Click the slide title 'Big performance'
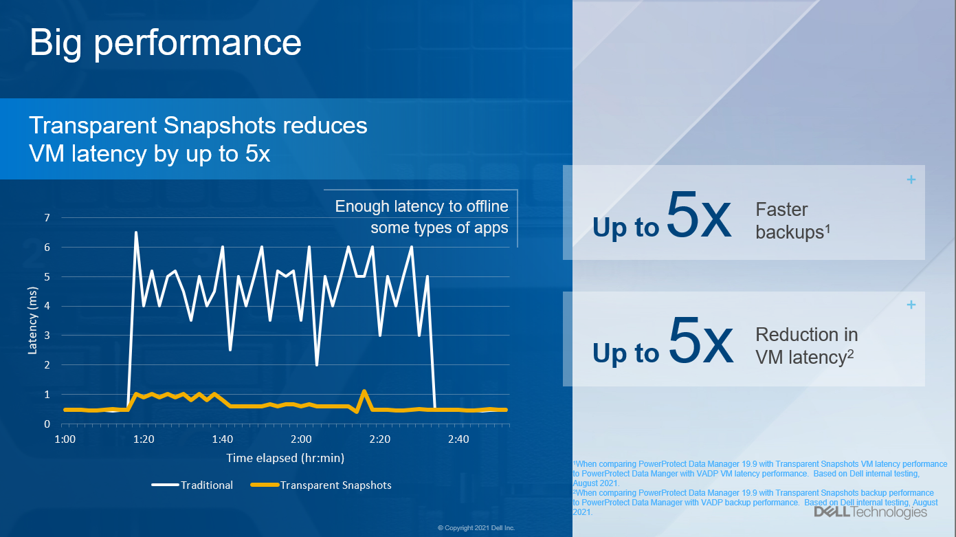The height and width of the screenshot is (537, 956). click(166, 43)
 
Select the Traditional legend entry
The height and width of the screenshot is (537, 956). click(206, 485)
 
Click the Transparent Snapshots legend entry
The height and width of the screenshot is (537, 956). click(335, 485)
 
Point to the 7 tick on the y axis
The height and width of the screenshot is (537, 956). click(47, 218)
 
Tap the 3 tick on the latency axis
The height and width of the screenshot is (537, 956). click(47, 336)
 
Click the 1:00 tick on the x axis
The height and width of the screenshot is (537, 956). click(65, 439)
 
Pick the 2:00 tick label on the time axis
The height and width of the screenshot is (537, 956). click(301, 439)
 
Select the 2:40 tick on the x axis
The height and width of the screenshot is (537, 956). click(458, 439)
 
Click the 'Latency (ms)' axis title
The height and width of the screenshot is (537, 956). click(32, 320)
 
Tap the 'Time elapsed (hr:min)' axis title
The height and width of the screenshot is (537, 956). click(285, 458)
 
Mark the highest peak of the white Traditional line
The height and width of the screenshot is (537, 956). click(136, 232)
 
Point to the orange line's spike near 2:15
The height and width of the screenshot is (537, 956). click(364, 391)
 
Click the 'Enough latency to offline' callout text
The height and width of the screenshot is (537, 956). click(421, 206)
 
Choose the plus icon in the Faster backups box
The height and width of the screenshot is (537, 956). click(911, 180)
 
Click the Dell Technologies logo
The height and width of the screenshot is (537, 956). click(870, 512)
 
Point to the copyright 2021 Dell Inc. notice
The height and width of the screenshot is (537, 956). click(476, 528)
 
